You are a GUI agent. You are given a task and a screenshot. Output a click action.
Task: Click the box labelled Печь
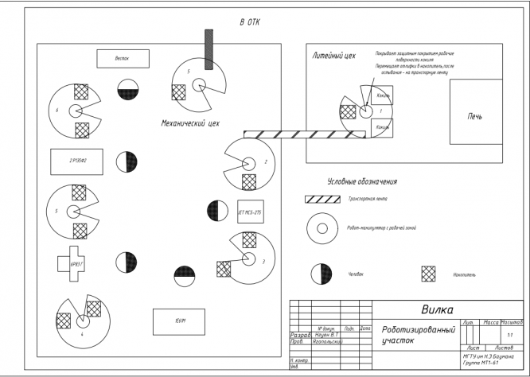pyautogui.click(x=474, y=117)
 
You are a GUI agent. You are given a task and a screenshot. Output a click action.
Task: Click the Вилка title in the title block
pyautogui.click(x=437, y=309)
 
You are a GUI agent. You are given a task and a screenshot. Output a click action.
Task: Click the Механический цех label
pyautogui.click(x=190, y=124)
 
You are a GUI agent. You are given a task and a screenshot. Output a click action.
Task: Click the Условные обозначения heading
pyautogui.click(x=362, y=181)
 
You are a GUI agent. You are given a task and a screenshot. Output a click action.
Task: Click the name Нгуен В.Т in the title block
pyautogui.click(x=322, y=336)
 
